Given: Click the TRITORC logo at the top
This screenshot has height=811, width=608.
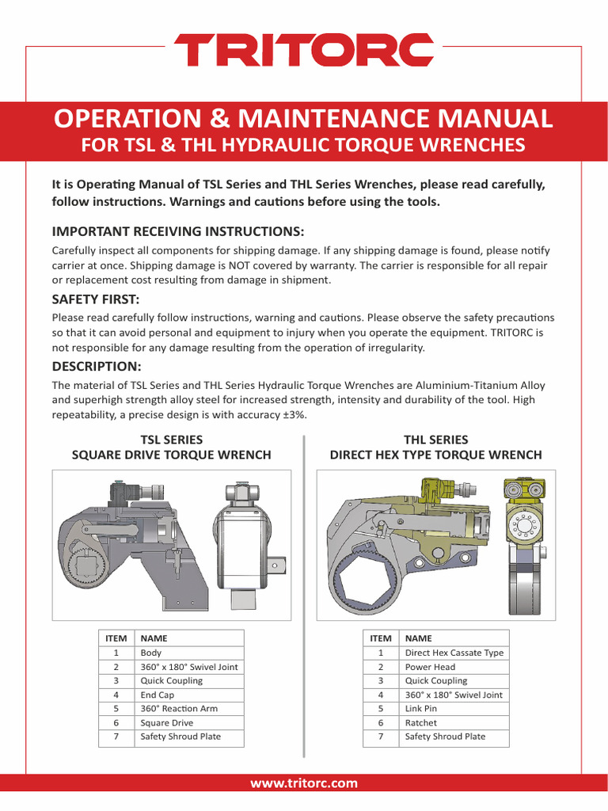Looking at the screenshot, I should [304, 50].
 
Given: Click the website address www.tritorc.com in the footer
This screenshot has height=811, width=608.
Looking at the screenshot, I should [304, 783].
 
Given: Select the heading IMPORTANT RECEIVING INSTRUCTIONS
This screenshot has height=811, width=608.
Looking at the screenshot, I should [177, 231].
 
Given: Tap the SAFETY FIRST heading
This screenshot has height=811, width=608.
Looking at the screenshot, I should [95, 299].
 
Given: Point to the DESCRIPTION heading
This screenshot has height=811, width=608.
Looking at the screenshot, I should [97, 366].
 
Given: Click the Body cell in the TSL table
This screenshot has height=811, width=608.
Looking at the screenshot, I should [151, 653].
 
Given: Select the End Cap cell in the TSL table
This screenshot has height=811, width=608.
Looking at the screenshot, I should [159, 695].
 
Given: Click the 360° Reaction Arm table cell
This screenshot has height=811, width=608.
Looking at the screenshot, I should [179, 708].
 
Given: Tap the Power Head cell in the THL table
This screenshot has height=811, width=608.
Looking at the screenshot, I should [430, 667].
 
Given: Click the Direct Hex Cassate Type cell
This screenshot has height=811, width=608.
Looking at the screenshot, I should [454, 653].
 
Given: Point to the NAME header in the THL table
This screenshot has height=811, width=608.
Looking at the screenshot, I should [418, 638].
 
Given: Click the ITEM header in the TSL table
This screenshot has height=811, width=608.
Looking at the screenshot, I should [116, 638].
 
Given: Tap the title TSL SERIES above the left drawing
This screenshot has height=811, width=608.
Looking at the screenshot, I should [171, 440].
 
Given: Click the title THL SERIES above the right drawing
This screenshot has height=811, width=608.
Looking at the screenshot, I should [435, 440].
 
